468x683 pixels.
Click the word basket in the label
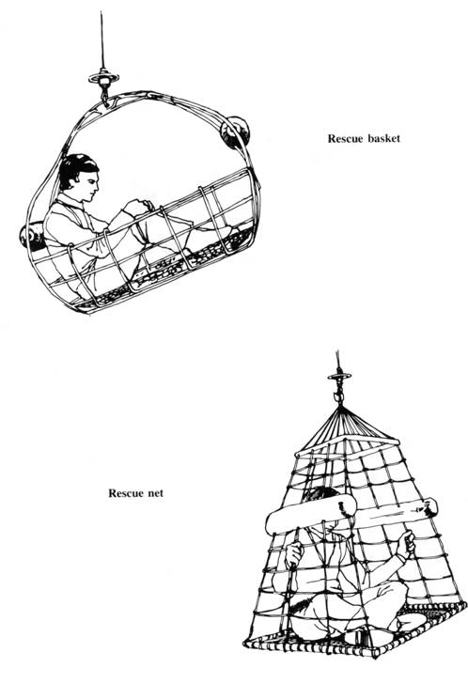[384, 138]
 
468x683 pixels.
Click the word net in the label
[155, 493]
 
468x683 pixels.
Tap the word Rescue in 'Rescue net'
[126, 493]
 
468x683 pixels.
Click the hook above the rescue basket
[104, 97]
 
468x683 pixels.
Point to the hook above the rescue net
[338, 396]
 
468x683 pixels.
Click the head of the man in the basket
[79, 178]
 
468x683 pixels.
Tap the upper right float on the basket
[235, 132]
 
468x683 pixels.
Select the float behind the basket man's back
[31, 237]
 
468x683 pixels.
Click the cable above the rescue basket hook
[102, 40]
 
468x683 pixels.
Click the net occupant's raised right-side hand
[407, 543]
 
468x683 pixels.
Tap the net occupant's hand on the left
[294, 554]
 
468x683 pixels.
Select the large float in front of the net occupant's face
[310, 515]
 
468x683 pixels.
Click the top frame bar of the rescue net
[348, 447]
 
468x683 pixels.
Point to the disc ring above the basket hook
[103, 78]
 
